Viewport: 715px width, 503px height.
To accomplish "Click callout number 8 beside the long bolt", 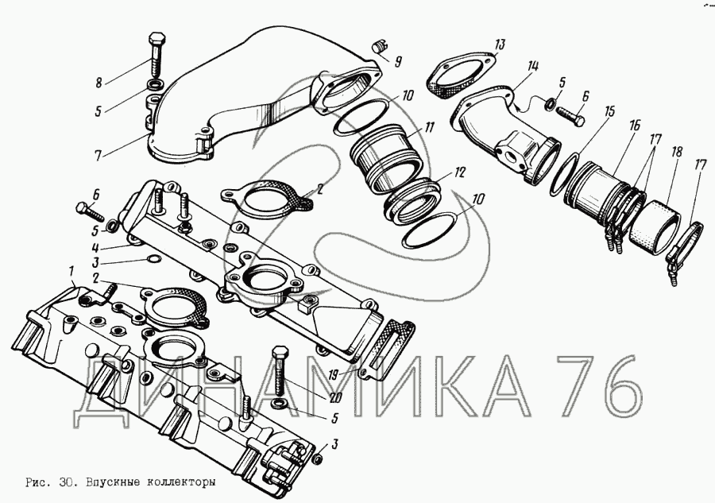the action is [99, 83].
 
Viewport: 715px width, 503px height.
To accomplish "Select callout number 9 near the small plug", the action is [398, 61].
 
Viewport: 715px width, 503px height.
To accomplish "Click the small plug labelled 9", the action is [379, 46].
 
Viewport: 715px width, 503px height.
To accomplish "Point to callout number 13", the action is [500, 44].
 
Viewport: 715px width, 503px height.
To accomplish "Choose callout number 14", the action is [532, 66].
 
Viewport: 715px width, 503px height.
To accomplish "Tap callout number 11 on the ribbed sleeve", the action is [429, 127].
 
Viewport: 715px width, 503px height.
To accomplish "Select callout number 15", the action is [609, 112].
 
